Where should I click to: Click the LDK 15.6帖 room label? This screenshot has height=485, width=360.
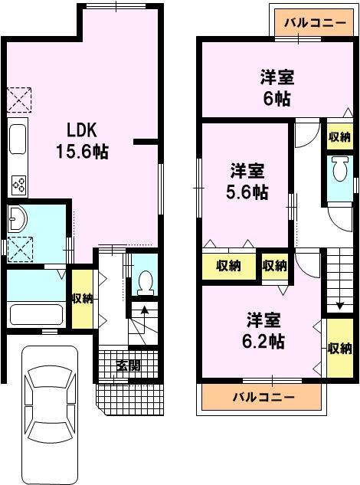coord(82,141)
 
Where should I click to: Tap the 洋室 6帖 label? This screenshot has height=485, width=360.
coord(277,88)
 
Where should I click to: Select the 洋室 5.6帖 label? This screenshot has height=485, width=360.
coord(247,182)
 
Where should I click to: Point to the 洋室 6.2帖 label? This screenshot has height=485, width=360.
coord(263,330)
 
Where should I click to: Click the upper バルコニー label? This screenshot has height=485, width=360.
coord(315,22)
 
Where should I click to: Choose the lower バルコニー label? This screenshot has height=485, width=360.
coord(263,397)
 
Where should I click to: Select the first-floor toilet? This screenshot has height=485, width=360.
coord(145,283)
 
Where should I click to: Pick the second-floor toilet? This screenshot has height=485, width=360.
coord(340,169)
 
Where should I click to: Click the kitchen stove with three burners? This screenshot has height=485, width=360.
coord(19,185)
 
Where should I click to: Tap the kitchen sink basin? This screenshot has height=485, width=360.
coord(18,139)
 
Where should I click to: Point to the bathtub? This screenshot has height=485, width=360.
coord(36,314)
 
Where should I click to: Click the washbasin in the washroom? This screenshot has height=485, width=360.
coord(18,219)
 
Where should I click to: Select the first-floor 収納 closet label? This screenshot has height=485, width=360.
coord(83,299)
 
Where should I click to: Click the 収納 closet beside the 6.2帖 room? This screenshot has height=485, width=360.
coord(340,349)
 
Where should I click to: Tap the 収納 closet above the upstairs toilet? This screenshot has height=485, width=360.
coord(340,136)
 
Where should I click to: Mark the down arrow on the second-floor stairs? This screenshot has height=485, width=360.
coord(340,305)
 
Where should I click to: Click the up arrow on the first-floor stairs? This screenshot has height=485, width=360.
coord(144,310)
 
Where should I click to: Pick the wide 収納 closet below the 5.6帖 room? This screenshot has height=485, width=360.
coord(229,266)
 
